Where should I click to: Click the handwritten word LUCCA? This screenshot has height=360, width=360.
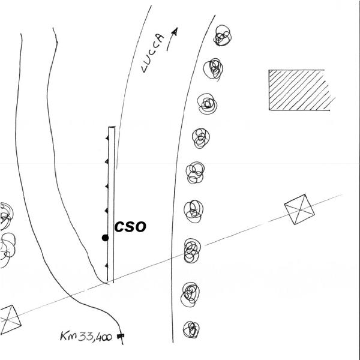pos(152,53)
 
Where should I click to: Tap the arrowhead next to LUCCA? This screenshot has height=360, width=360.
pos(175,31)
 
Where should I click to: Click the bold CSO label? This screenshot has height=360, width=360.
pos(130,226)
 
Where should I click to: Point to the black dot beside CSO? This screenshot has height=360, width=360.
pos(105,238)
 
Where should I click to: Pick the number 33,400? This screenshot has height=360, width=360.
pos(95,337)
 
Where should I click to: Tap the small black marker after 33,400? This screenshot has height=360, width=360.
pos(121,337)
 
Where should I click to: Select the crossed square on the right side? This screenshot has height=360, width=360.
pos(299,209)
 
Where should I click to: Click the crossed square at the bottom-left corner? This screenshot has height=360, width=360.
pos(10,320)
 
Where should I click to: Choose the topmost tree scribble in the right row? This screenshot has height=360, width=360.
pos(223,35)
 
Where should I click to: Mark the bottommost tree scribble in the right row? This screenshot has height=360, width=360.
pos(191,329)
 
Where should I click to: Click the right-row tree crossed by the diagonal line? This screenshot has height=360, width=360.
pos(192,251)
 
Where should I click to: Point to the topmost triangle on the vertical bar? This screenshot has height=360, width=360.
pos(107,138)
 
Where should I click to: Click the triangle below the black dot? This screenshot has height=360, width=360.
pos(107,266)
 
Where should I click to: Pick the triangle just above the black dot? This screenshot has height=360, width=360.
pos(107,211)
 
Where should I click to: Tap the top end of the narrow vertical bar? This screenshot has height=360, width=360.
pos(112,127)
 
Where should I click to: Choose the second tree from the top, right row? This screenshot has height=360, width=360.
pos(213,69)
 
